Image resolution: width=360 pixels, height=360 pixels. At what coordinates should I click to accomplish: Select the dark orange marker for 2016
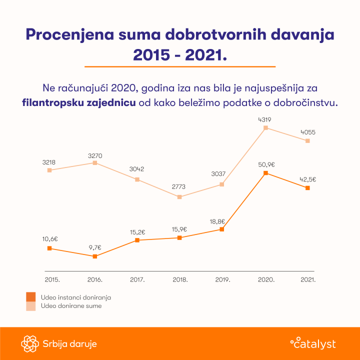tap(94, 256)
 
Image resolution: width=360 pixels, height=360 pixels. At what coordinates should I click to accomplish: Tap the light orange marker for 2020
tap(265, 128)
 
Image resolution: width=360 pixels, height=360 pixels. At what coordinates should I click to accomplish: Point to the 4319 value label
tap(265, 119)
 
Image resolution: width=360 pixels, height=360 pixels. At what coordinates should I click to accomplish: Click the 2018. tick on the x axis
tap(180, 280)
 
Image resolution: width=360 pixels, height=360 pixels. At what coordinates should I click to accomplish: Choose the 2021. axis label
tap(308, 280)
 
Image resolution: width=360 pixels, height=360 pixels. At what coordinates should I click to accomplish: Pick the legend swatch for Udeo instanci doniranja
tap(31, 297)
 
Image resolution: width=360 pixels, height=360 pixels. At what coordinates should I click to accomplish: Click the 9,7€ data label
tap(94, 247)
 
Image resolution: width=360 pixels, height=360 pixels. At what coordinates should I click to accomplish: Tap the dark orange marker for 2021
tap(307, 188)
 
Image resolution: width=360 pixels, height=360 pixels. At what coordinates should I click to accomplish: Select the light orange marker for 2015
tap(49, 170)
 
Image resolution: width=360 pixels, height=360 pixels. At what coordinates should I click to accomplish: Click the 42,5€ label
tap(308, 179)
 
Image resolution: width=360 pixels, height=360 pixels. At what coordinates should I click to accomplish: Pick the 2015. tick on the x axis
tap(52, 280)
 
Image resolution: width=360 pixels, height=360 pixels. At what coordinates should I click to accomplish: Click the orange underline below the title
tap(180, 66)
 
